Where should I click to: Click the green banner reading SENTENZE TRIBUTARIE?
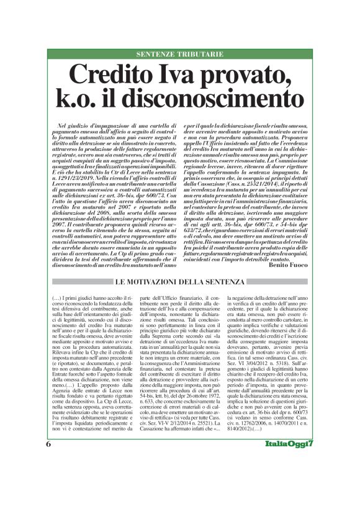click(179, 54)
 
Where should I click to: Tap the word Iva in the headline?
click(189, 75)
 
